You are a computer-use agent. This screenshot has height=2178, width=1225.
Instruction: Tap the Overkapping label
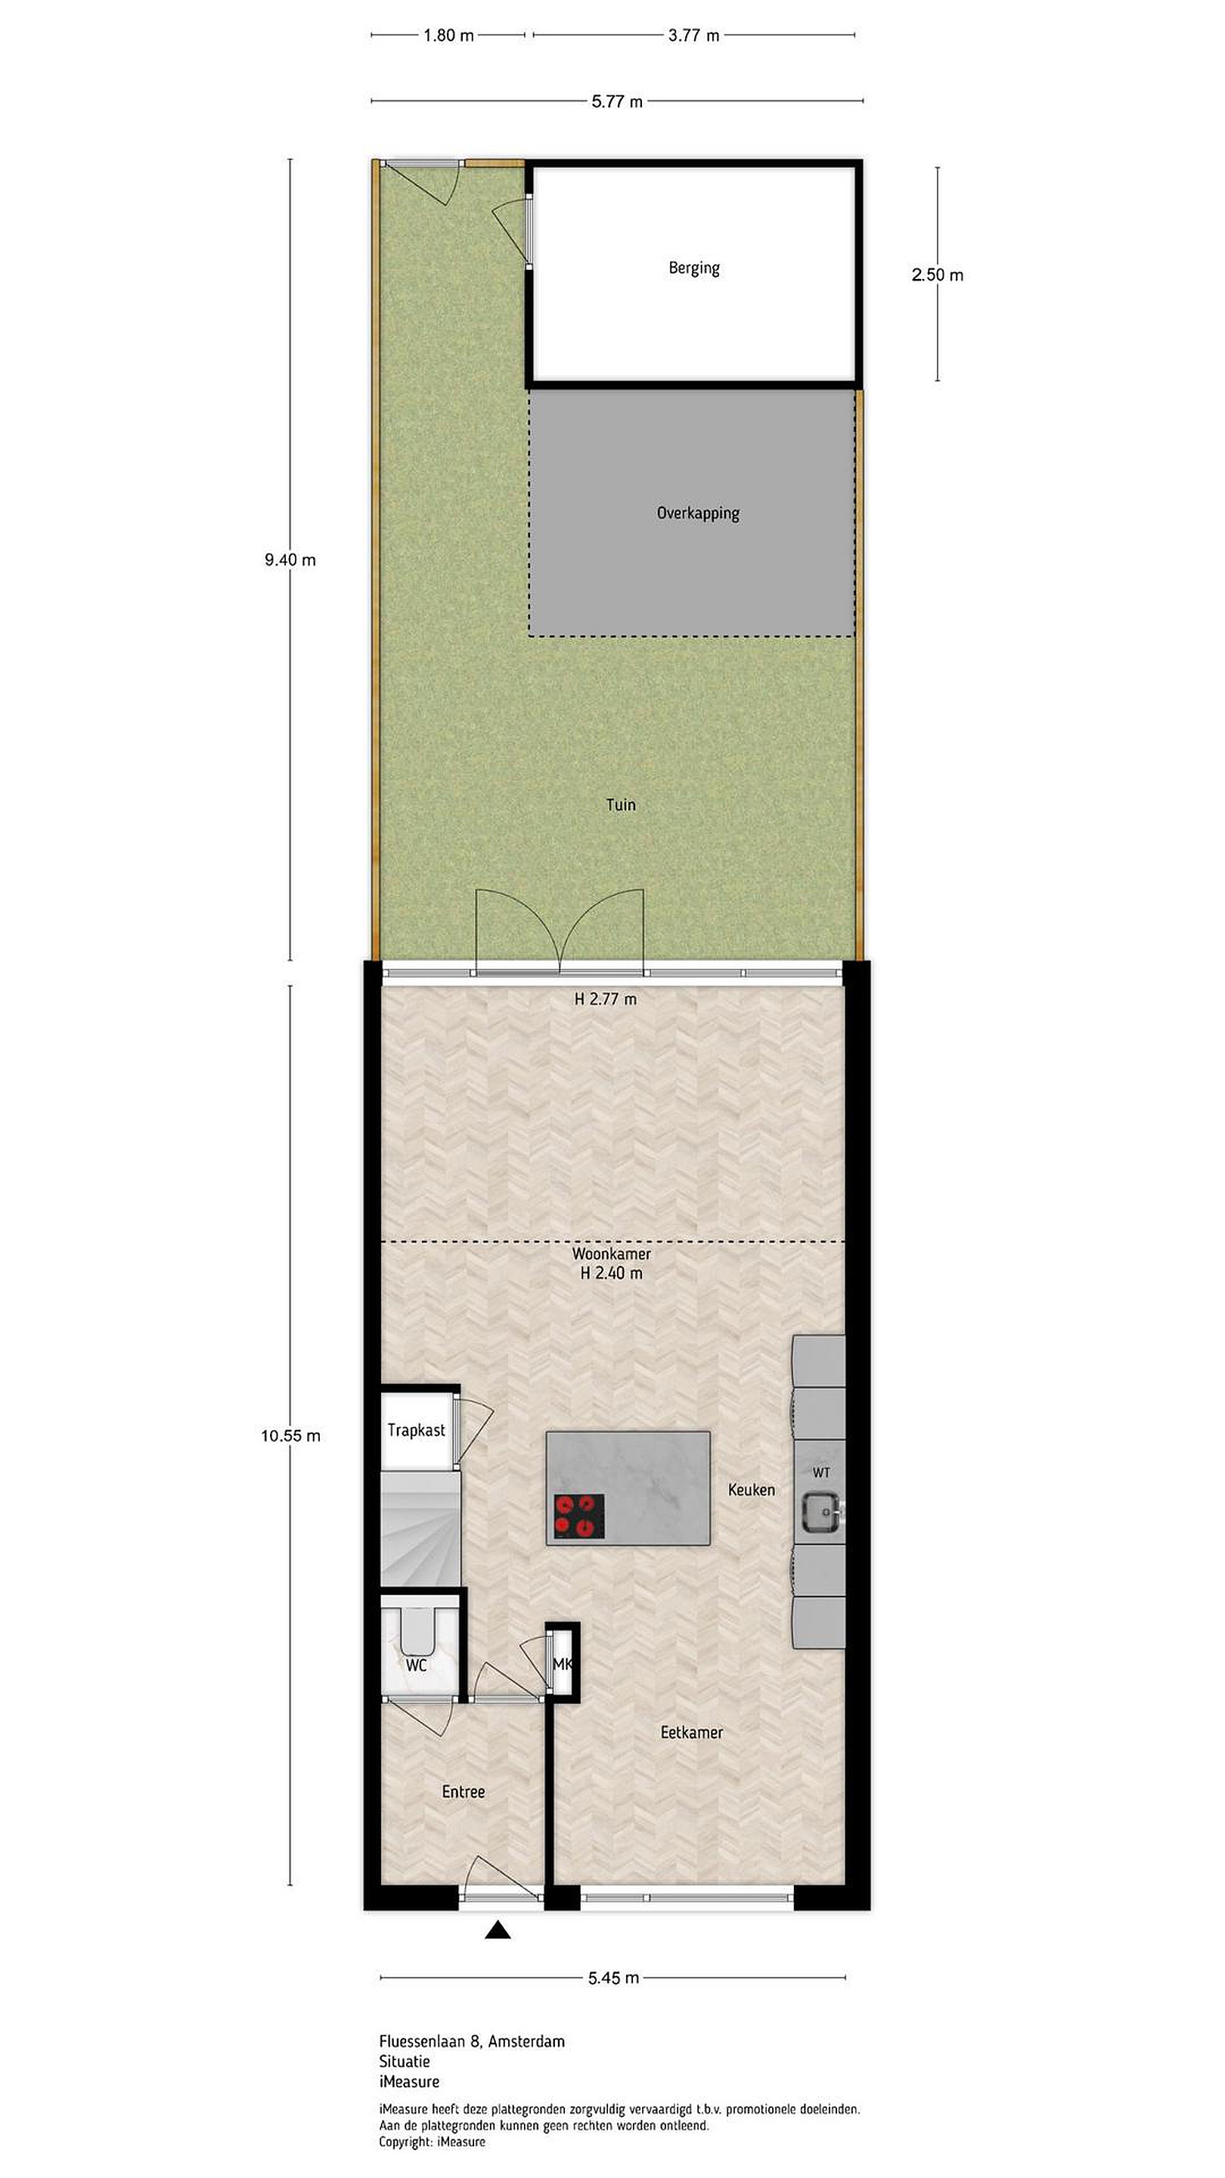pos(697,513)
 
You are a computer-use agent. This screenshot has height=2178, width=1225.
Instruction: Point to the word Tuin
pos(621,804)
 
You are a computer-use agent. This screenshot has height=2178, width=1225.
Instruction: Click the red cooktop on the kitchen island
pos(579,1516)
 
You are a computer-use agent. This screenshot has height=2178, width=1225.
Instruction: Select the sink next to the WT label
pos(820,1511)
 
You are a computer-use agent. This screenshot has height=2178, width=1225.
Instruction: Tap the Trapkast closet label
pos(416,1430)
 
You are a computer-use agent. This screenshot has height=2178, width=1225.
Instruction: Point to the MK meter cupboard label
pos(562,1665)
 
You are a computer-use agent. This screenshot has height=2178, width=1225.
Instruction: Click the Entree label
pos(464,1792)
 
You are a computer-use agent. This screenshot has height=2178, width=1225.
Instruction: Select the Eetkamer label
pos(692,1732)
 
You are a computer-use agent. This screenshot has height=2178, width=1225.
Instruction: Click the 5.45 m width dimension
pos(614,1978)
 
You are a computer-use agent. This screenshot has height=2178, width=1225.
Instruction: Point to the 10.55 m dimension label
pos(291,1435)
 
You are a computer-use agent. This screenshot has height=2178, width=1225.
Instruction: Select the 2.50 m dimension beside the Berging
pos(938,275)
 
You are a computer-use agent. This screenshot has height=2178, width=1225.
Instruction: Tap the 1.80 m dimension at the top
pos(449,36)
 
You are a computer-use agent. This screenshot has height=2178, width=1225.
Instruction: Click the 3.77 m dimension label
pos(694,36)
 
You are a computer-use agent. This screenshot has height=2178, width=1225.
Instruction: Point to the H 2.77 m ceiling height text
pos(605,998)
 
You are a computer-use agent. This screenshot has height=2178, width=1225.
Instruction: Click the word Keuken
pos(752,1489)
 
